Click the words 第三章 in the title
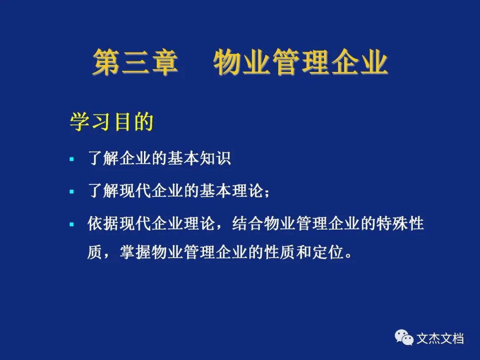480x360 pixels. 135,62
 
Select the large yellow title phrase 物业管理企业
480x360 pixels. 300,62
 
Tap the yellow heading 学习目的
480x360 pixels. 112,122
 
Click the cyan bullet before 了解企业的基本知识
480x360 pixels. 72,159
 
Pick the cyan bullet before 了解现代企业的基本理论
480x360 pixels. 72,192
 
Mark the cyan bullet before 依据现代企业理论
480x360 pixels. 72,224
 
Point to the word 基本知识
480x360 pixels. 199,158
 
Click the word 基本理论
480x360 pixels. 231,191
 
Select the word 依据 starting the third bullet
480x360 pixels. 103,223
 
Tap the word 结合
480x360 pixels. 248,223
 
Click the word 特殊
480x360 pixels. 392,223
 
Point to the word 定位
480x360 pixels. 328,252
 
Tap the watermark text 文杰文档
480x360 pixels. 440,339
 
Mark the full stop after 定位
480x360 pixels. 348,256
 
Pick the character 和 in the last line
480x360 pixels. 304,252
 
